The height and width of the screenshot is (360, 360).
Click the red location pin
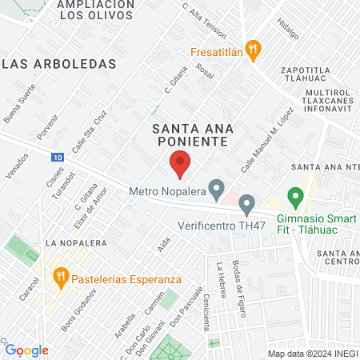(180, 163)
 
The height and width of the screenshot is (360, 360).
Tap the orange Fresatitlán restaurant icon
(253, 50)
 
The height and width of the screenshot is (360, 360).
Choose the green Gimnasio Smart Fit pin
(295, 196)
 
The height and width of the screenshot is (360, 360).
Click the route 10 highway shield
(58, 157)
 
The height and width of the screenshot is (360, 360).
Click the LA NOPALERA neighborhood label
(73, 241)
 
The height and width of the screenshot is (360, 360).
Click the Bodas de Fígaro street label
(238, 284)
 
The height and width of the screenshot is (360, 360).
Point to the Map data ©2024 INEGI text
(311, 354)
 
